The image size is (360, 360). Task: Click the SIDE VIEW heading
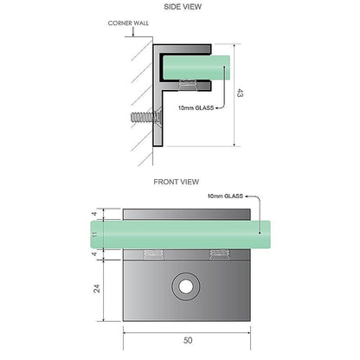183,7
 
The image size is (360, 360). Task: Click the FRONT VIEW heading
177,182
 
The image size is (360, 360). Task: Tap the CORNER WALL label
128,23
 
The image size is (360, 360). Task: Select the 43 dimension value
240,93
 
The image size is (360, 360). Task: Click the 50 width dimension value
188,340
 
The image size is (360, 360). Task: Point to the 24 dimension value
97,288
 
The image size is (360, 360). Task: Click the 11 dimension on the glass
94,234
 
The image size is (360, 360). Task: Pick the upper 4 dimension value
94,214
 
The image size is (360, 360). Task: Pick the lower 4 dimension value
94,254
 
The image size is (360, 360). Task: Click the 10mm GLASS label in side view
196,108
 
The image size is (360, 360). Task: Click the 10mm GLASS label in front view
225,196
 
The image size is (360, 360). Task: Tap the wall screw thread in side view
141,119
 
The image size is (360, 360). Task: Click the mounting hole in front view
186,286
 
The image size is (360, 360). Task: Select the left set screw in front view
153,254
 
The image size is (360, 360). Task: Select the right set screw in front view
220,254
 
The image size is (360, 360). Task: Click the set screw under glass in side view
188,85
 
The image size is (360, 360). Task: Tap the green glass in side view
196,67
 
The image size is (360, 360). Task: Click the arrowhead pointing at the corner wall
133,35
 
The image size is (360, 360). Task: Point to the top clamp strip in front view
187,215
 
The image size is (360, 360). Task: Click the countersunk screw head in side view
157,119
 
